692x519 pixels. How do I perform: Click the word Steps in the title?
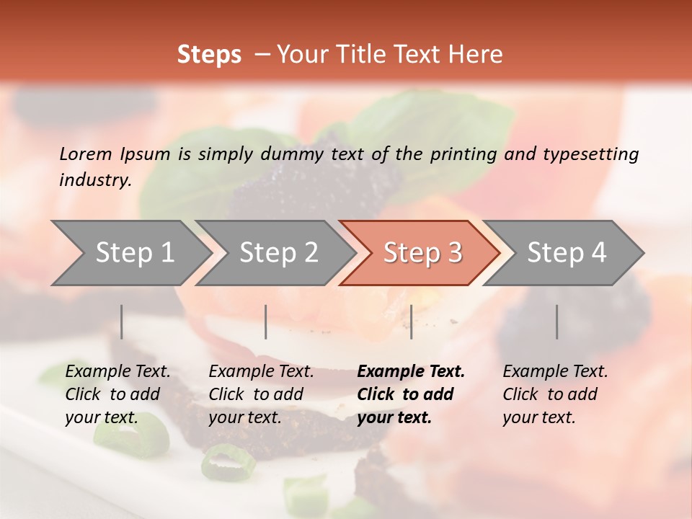[209, 55]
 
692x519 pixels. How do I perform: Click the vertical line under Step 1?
[122, 321]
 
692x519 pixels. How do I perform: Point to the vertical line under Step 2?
[266, 321]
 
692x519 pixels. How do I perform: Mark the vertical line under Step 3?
[412, 321]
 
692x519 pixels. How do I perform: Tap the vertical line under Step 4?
[556, 321]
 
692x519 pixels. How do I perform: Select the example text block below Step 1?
[117, 394]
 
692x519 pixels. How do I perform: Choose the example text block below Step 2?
[261, 394]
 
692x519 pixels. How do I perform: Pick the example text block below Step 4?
[555, 394]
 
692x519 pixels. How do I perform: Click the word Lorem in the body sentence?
[85, 154]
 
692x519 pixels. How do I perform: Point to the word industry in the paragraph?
[94, 180]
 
